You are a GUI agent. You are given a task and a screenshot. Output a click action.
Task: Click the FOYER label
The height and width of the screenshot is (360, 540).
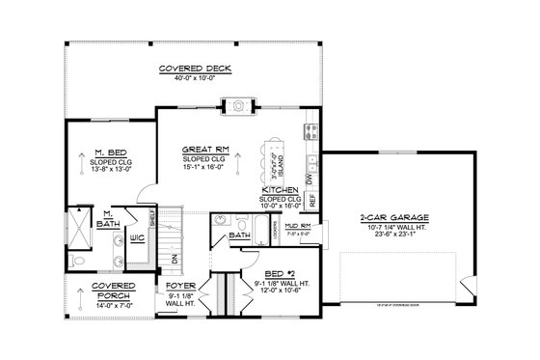(x=182, y=287)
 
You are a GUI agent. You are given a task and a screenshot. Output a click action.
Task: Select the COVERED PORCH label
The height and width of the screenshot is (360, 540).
(x=106, y=291)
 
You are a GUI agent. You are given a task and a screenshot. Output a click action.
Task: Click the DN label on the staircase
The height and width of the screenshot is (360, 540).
(x=174, y=258)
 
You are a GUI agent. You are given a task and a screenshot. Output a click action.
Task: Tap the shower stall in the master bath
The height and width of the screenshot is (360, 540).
(x=80, y=231)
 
